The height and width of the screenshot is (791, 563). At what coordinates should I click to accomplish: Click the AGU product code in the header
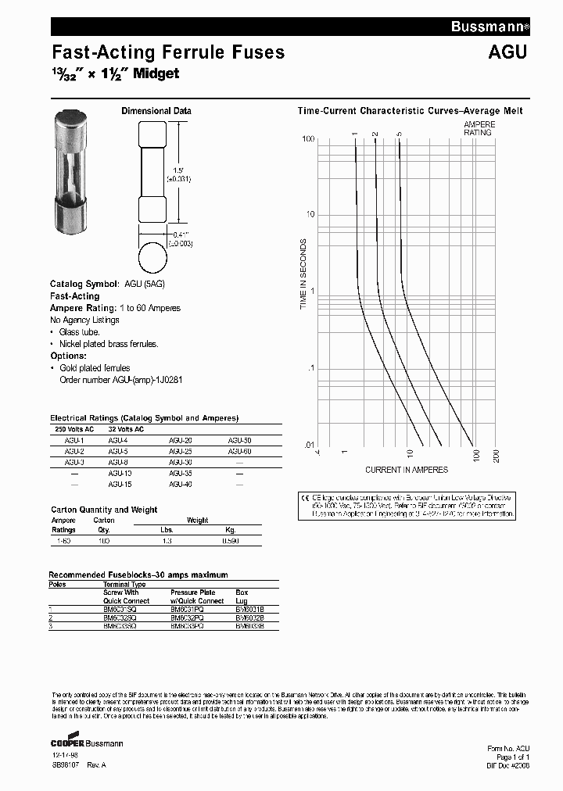coord(508,52)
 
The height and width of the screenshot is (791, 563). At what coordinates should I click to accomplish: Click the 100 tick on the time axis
coord(308,138)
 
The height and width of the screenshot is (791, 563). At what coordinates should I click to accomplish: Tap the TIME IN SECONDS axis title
coord(304,277)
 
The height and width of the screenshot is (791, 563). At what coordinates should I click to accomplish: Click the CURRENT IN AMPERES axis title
coord(407,470)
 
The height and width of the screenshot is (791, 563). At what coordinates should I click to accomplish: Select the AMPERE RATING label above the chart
coord(479,128)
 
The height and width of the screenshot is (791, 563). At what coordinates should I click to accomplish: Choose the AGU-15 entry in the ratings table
coord(120,484)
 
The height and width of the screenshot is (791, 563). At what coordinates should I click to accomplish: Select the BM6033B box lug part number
coord(249,625)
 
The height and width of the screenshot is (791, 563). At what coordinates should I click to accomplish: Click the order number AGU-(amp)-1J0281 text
coord(120,380)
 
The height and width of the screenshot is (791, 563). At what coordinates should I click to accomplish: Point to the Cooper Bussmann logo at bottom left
coord(86,743)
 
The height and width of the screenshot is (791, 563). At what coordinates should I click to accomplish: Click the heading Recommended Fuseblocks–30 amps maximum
coord(138,574)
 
